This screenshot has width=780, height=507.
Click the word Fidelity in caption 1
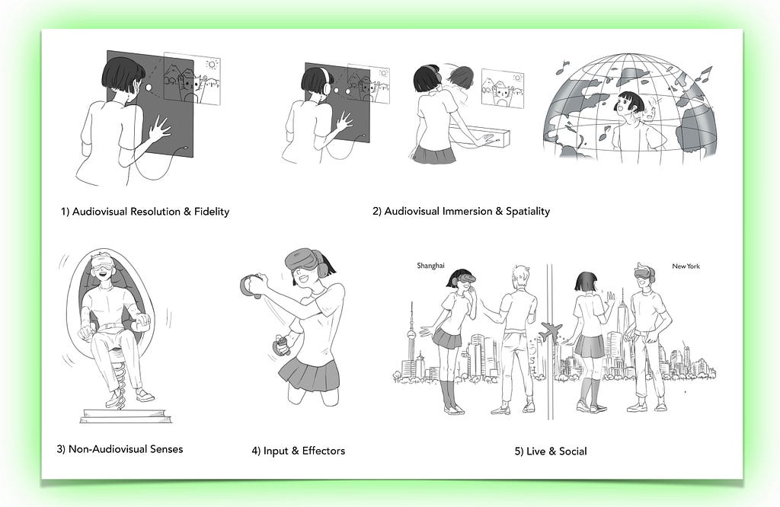tap(212, 212)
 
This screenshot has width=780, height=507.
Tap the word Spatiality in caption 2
tap(528, 212)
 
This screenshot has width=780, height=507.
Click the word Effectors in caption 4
tap(323, 451)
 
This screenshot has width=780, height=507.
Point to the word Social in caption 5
tap(573, 451)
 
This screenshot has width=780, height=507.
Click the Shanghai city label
tap(431, 266)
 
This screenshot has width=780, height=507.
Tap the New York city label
tap(686, 266)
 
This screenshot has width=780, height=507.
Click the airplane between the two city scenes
tap(551, 331)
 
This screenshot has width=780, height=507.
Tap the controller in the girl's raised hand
tap(251, 286)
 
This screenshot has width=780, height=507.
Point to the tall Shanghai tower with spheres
tap(411, 338)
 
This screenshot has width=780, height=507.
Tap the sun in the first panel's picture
tap(213, 65)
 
